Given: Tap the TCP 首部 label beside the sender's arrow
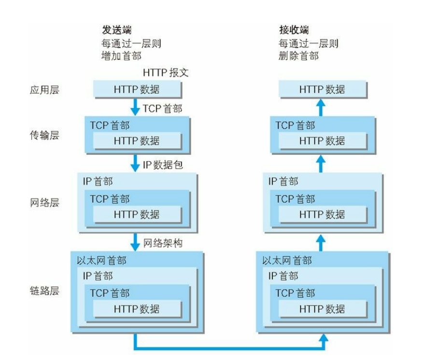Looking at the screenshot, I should click(162, 109).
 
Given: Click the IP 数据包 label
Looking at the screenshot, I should click(163, 165).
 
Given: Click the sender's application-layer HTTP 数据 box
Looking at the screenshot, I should click(137, 90).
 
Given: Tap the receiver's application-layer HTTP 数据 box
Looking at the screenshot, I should click(322, 90).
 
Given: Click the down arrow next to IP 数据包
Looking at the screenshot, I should click(135, 164).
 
